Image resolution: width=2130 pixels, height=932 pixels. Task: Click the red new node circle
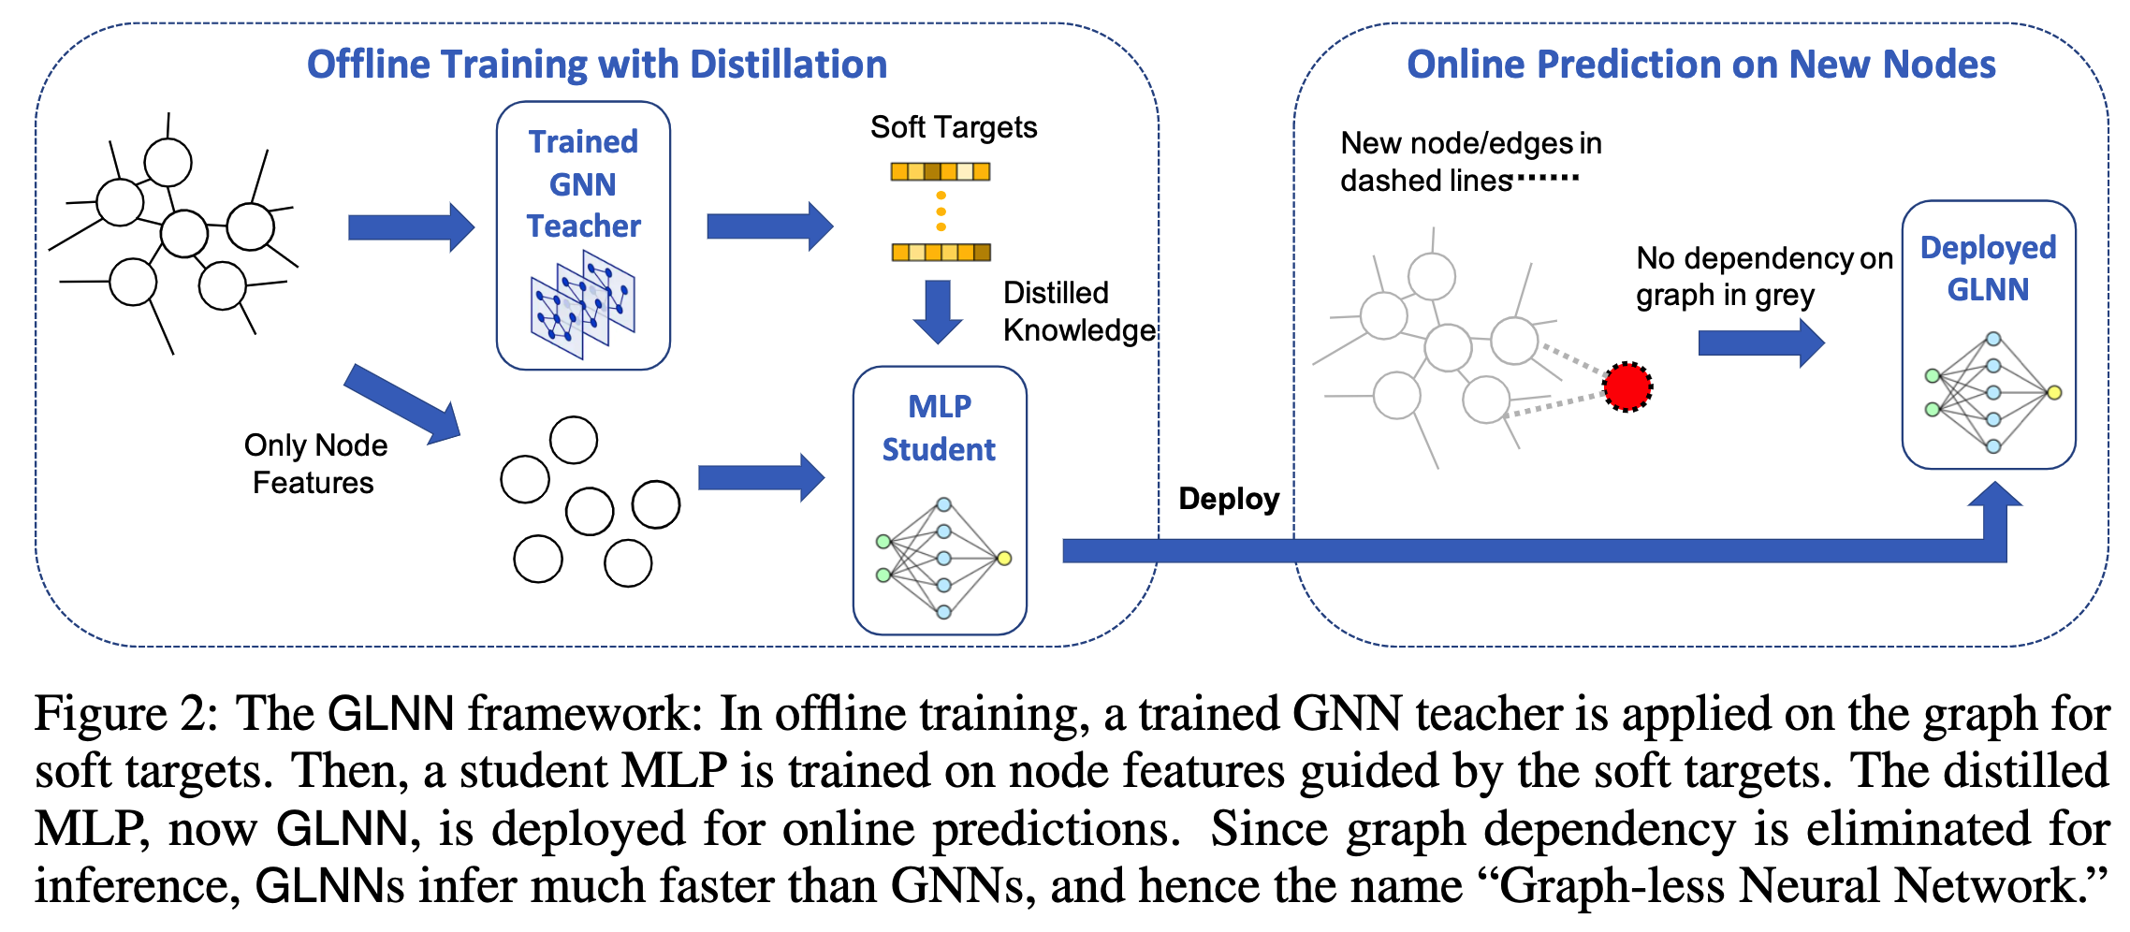[1627, 386]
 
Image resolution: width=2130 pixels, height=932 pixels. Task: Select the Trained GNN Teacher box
[583, 235]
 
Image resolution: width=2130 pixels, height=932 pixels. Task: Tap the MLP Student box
[940, 500]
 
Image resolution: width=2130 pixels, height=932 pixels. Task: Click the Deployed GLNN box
[1989, 334]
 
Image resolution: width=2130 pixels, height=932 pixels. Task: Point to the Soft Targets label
[954, 127]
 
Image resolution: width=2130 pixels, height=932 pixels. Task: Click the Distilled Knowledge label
[1078, 312]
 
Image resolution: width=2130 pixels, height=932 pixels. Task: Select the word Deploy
[1229, 499]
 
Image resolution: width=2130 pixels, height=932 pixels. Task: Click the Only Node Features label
[315, 463]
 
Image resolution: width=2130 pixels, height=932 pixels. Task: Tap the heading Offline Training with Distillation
[597, 65]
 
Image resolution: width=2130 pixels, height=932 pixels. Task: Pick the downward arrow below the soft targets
[938, 311]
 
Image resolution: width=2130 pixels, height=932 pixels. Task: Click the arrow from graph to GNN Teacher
[411, 227]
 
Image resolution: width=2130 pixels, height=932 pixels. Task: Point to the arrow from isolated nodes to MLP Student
[761, 478]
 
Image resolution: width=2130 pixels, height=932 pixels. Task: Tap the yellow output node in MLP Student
[1004, 559]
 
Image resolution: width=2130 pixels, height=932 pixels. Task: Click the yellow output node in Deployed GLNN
[2054, 393]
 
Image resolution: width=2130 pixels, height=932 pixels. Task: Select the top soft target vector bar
[940, 171]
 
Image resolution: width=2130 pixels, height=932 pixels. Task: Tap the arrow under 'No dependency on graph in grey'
[1760, 342]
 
